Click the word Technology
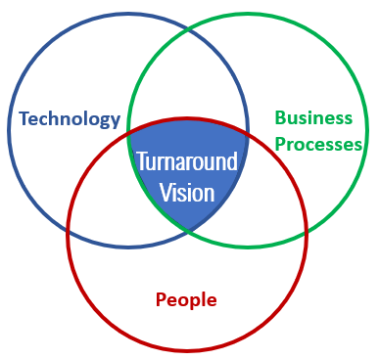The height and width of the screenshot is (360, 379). coord(70,120)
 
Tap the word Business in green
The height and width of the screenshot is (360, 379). coord(313,118)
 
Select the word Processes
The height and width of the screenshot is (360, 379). coord(319,144)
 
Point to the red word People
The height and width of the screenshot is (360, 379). coord(186,298)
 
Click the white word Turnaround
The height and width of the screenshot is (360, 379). coord(186,161)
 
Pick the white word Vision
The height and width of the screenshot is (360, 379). coord(186,191)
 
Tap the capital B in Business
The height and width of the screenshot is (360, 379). coord(281,118)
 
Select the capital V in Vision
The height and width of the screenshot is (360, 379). coord(166,191)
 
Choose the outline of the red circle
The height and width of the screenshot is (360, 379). coord(187,350)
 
